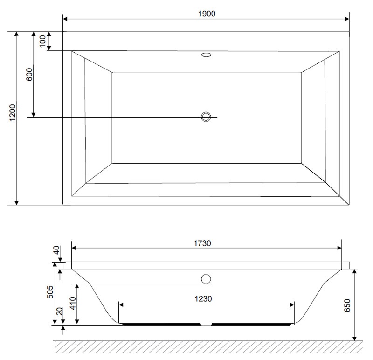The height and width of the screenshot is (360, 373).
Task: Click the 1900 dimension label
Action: pyautogui.click(x=207, y=14)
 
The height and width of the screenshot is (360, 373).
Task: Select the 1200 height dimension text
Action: pyautogui.click(x=13, y=112)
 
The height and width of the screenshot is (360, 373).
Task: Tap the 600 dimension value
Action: pyautogui.click(x=29, y=75)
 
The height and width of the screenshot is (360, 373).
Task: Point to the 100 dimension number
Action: pyautogui.click(x=42, y=41)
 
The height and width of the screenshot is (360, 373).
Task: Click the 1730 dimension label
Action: pyautogui.click(x=202, y=243)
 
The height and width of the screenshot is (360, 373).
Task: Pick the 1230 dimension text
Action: pyautogui.click(x=203, y=298)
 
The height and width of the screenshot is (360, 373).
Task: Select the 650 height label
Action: pyautogui.click(x=347, y=306)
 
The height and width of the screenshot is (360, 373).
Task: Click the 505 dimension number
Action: pyautogui.click(x=50, y=292)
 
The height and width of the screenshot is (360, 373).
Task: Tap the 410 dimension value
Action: pyautogui.click(x=73, y=304)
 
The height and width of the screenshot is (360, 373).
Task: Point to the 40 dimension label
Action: pyautogui.click(x=56, y=250)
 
